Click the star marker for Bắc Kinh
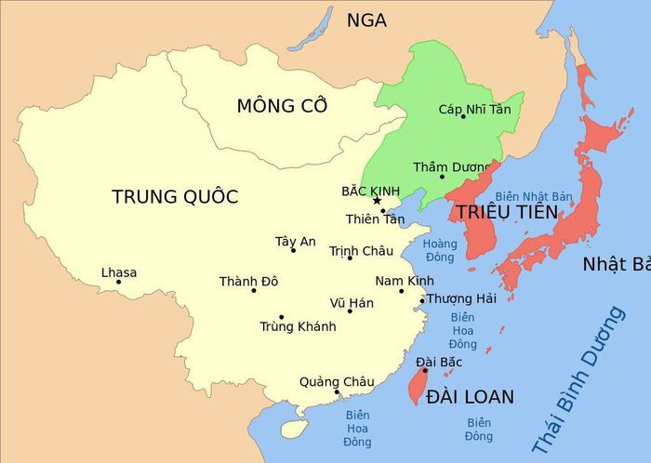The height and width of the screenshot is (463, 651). click(377, 201)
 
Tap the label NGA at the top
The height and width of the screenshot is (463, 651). click(366, 20)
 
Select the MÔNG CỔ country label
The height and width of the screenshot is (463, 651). click(282, 106)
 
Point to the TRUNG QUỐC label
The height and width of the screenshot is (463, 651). click(175, 197)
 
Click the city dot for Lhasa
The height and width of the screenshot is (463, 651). click(118, 283)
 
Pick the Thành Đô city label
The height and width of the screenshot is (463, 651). click(248, 281)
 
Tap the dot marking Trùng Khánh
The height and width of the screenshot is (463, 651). click(281, 317)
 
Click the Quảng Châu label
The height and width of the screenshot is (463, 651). click(337, 381)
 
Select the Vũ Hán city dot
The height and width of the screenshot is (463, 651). click(350, 311)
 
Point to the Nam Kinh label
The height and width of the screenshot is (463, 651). click(405, 281)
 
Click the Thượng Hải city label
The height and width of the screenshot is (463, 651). click(462, 298)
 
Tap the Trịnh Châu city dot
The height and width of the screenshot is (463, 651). click(350, 258)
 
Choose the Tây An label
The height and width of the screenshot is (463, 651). click(296, 242)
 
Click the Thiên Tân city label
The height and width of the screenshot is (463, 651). click(376, 219)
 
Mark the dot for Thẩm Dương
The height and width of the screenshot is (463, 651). click(442, 177)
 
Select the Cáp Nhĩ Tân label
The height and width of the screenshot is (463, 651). click(475, 110)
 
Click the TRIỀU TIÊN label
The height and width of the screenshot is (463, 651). click(506, 213)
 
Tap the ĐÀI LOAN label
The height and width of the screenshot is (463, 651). click(470, 397)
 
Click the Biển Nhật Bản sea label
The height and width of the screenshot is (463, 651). click(533, 197)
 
